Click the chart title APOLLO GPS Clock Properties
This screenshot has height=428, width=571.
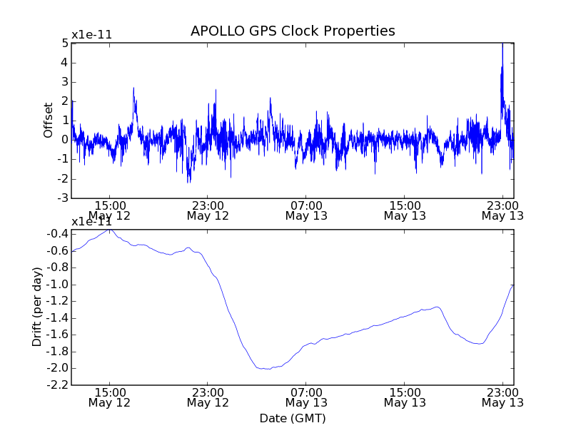(293, 31)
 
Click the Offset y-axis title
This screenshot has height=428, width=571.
(49, 120)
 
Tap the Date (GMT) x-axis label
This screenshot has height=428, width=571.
(293, 418)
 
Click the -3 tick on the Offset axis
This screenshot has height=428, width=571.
(63, 198)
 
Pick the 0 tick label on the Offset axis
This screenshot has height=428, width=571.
(65, 140)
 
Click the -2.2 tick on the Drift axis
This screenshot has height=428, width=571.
(59, 385)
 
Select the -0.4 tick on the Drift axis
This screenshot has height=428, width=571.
(59, 234)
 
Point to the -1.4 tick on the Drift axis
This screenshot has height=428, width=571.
(59, 318)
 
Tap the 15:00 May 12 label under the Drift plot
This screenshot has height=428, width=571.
(109, 397)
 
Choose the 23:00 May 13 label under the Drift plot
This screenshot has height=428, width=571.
(502, 397)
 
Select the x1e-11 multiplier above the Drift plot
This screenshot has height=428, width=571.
(91, 222)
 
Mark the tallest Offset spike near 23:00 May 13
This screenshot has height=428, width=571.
(502, 45)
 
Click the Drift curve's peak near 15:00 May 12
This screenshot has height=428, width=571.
(109, 230)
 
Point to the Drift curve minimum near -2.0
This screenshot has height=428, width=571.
(266, 369)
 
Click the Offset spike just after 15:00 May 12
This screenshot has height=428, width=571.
(133, 89)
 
